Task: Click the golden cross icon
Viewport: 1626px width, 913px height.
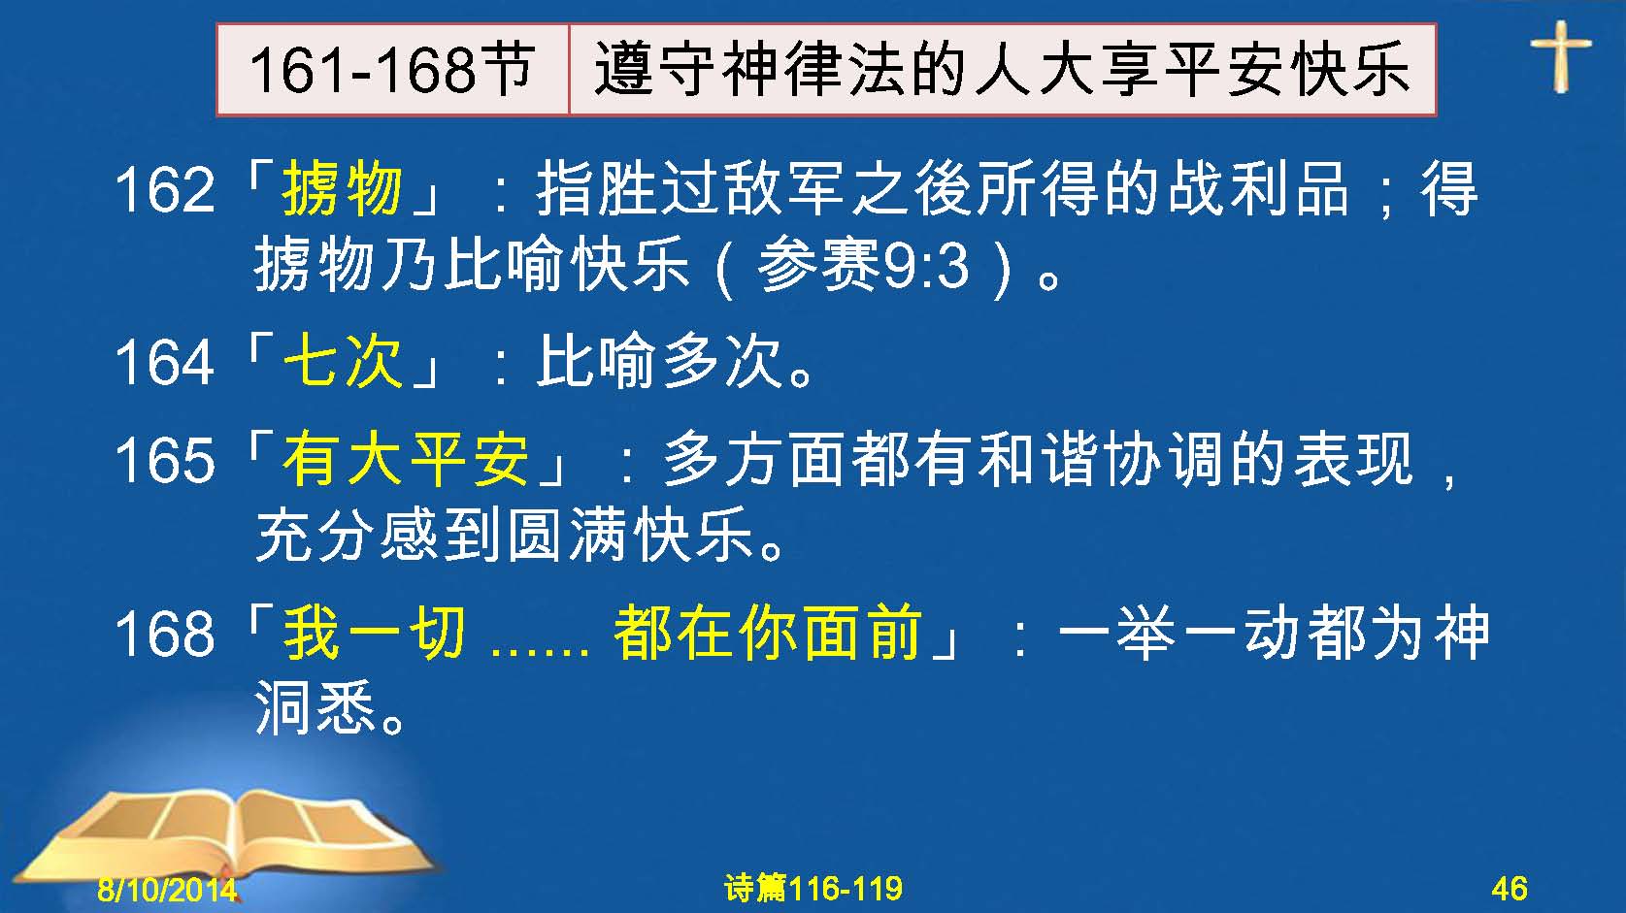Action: click(1561, 56)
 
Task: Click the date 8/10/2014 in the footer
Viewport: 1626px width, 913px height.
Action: click(167, 889)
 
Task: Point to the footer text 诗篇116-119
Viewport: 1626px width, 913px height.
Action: click(813, 888)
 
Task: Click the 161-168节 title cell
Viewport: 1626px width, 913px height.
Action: click(393, 70)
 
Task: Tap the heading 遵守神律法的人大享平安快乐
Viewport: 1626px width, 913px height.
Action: click(1002, 70)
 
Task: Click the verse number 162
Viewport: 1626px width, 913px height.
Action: click(165, 189)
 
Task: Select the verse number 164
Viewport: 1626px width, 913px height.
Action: click(165, 362)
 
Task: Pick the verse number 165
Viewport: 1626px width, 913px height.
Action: click(165, 460)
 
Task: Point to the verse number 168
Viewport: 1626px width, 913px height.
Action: click(165, 634)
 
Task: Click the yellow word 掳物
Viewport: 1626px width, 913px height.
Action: click(342, 188)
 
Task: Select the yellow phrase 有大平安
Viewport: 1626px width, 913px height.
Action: click(406, 459)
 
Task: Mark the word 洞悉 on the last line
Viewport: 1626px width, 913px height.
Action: click(315, 706)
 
